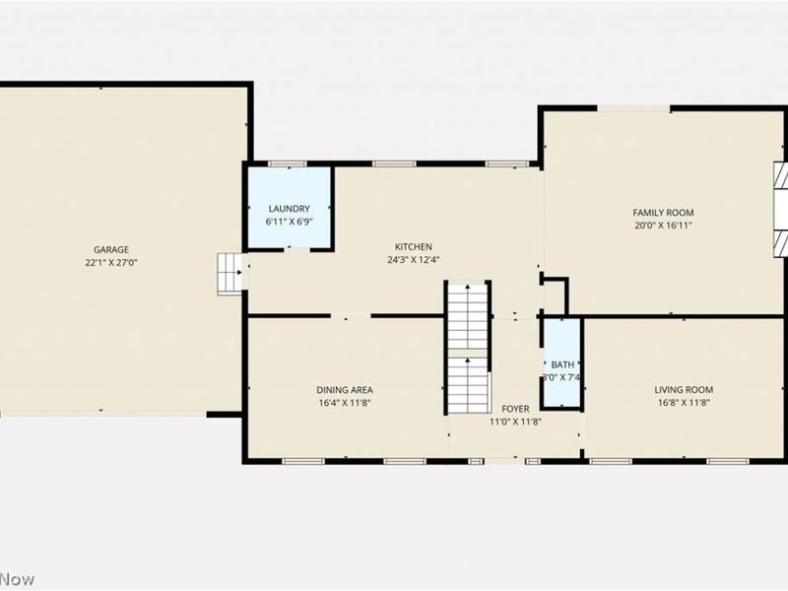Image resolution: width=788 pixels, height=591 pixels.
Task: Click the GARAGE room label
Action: (111, 250)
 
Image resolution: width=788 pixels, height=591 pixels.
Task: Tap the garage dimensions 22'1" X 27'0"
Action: (111, 263)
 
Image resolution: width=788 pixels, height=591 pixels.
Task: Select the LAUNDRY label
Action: (290, 209)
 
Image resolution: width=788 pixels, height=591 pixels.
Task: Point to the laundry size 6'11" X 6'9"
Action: (290, 222)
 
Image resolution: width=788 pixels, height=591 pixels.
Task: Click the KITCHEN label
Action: (414, 247)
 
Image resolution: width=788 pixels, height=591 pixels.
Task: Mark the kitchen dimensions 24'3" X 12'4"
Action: (414, 260)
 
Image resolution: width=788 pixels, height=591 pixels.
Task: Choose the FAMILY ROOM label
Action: (663, 213)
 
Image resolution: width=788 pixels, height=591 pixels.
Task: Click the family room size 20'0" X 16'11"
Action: (663, 226)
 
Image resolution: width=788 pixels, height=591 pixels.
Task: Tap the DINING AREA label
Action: (344, 390)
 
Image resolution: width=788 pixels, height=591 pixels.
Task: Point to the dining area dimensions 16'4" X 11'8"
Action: (344, 403)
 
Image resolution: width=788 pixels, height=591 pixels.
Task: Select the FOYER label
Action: (515, 409)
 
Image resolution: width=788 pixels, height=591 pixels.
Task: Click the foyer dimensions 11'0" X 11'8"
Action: (516, 422)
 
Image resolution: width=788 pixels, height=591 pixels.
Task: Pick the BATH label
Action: (562, 365)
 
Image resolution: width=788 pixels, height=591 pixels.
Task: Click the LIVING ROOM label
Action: (685, 390)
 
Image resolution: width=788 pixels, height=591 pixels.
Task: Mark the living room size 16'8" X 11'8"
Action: (685, 403)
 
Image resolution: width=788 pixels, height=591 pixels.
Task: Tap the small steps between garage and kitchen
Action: (229, 272)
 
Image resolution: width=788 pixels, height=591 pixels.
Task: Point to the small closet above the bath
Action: (555, 295)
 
